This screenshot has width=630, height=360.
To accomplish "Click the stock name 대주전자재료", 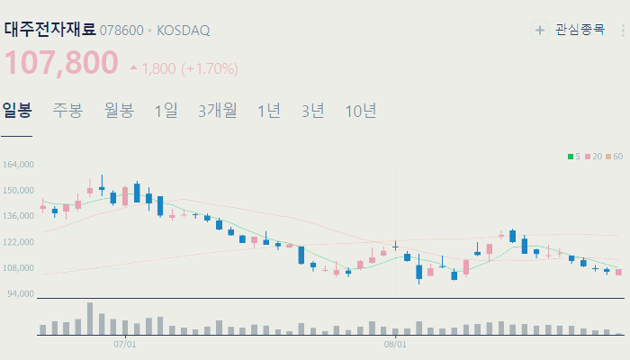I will (49, 29).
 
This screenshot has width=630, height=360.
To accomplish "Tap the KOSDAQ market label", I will (184, 31).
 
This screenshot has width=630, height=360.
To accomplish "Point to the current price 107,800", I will (62, 63).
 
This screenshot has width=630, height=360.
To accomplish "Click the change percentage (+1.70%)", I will (210, 68).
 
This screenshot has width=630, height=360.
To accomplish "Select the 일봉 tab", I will (16, 111).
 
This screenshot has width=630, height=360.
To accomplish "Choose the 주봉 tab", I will (67, 111).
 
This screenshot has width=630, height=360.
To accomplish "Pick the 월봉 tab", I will (119, 111).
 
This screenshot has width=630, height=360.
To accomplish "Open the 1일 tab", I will (166, 111).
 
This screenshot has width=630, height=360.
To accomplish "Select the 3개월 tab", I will (218, 111).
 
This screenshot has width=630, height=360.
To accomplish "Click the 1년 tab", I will (269, 111).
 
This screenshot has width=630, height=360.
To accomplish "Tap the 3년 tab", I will (313, 111).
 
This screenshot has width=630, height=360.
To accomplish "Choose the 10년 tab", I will (361, 111).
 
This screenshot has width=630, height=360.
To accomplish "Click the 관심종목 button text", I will (580, 31).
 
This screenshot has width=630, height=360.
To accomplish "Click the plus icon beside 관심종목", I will (540, 31).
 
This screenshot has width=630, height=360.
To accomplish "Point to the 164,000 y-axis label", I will (19, 165).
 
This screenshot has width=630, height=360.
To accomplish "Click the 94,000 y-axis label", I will (21, 293).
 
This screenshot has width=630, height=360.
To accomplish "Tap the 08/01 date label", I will (394, 344).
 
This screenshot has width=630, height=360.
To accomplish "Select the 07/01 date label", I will (125, 344).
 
